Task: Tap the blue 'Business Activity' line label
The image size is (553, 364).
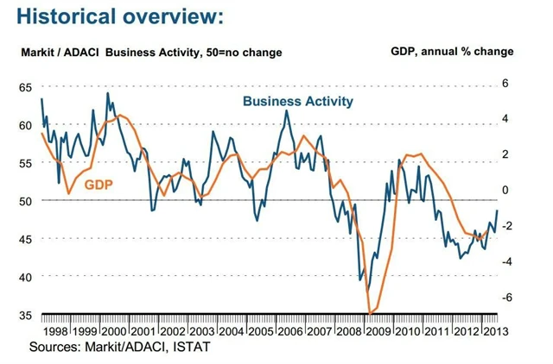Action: pos(298,101)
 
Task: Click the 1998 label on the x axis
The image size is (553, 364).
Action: pos(55,332)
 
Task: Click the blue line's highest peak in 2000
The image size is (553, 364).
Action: pos(107,93)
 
